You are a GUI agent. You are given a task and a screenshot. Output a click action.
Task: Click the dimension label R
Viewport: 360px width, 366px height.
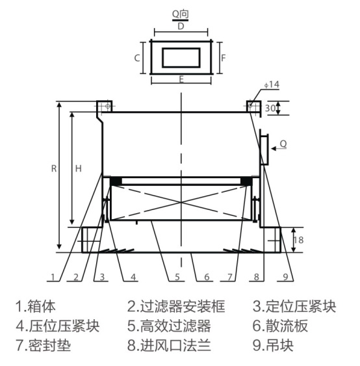54,168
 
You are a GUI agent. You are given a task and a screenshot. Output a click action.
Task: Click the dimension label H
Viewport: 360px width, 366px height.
79,168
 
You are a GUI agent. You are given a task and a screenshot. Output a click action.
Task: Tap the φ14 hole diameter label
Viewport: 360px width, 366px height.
272,85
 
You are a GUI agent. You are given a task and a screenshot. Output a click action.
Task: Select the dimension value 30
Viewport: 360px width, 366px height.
270,108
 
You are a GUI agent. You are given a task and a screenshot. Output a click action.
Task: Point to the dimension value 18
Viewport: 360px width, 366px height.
298,240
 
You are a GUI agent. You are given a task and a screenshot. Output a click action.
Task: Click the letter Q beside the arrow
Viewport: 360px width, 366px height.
283,144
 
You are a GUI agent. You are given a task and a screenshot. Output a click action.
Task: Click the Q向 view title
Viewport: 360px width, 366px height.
180,14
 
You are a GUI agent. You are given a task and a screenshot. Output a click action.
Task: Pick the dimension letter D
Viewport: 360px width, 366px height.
181,26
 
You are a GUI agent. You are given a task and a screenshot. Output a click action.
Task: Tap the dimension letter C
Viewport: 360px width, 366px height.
137,58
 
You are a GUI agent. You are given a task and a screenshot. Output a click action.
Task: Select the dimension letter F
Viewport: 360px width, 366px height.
224,58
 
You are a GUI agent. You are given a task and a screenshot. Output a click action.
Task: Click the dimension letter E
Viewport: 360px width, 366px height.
181,79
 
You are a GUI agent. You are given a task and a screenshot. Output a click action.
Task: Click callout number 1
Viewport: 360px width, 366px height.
53,277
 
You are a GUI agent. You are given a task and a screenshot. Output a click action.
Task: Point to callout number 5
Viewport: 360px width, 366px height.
177,277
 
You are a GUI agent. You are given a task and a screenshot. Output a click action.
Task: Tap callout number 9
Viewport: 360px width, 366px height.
285,277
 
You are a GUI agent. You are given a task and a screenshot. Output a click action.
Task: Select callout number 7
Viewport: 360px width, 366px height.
230,277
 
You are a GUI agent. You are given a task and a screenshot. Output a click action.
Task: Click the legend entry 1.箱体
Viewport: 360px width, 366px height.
36,306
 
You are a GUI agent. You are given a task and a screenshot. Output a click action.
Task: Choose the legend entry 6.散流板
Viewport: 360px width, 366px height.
280,326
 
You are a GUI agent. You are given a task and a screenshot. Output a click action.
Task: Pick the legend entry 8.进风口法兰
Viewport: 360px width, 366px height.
169,345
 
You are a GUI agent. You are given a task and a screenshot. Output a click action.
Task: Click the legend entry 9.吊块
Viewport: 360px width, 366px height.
273,345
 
